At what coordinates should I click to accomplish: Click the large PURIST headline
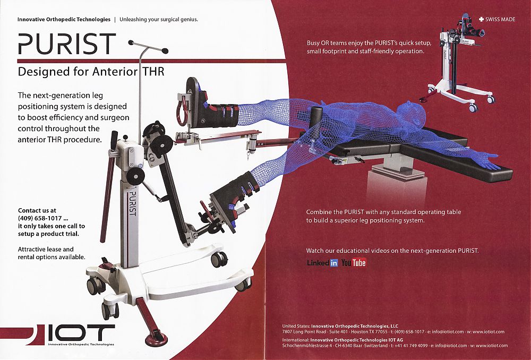(x=67, y=44)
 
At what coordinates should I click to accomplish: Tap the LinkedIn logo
(x=322, y=262)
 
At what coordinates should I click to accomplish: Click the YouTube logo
(x=354, y=262)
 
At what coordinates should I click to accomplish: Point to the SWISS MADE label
(x=497, y=19)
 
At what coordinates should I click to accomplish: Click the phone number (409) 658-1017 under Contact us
(x=40, y=218)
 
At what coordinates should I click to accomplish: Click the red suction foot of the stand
(x=156, y=339)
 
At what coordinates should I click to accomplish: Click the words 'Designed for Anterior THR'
(x=91, y=72)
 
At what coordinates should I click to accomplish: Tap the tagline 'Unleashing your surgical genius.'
(x=158, y=19)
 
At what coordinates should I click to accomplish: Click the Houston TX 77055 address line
(x=393, y=331)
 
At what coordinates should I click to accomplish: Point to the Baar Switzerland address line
(x=395, y=346)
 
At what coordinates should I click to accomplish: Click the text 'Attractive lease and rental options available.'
(x=52, y=253)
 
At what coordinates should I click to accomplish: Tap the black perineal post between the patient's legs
(x=316, y=117)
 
